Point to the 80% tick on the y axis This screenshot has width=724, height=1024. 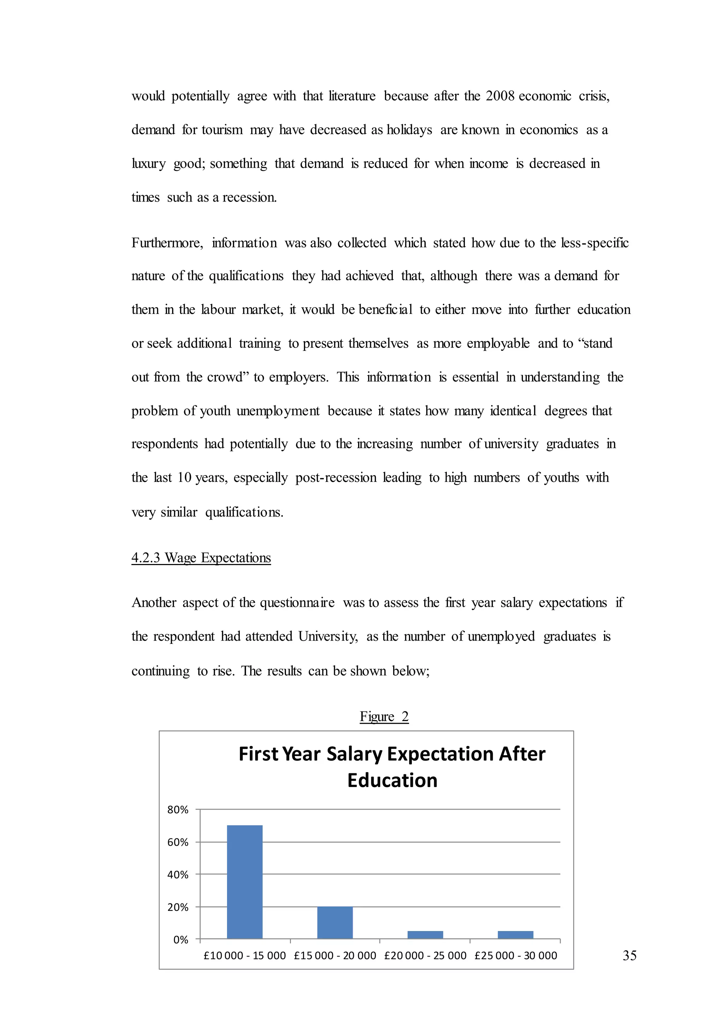pos(178,809)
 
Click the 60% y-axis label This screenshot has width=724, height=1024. pos(178,842)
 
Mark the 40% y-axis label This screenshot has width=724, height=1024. pos(178,874)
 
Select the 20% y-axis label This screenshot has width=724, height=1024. pos(178,907)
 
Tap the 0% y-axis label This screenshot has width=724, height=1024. pos(181,940)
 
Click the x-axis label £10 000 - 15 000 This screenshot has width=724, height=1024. pos(244,955)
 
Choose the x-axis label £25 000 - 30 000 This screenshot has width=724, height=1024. pos(515,955)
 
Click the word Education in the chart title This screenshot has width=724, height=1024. pos(392,780)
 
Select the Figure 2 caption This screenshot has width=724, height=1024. pos(384,717)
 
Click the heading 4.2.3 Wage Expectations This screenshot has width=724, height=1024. pos(201,558)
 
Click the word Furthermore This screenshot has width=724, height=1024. pos(167,243)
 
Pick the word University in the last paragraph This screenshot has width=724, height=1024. pos(328,636)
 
